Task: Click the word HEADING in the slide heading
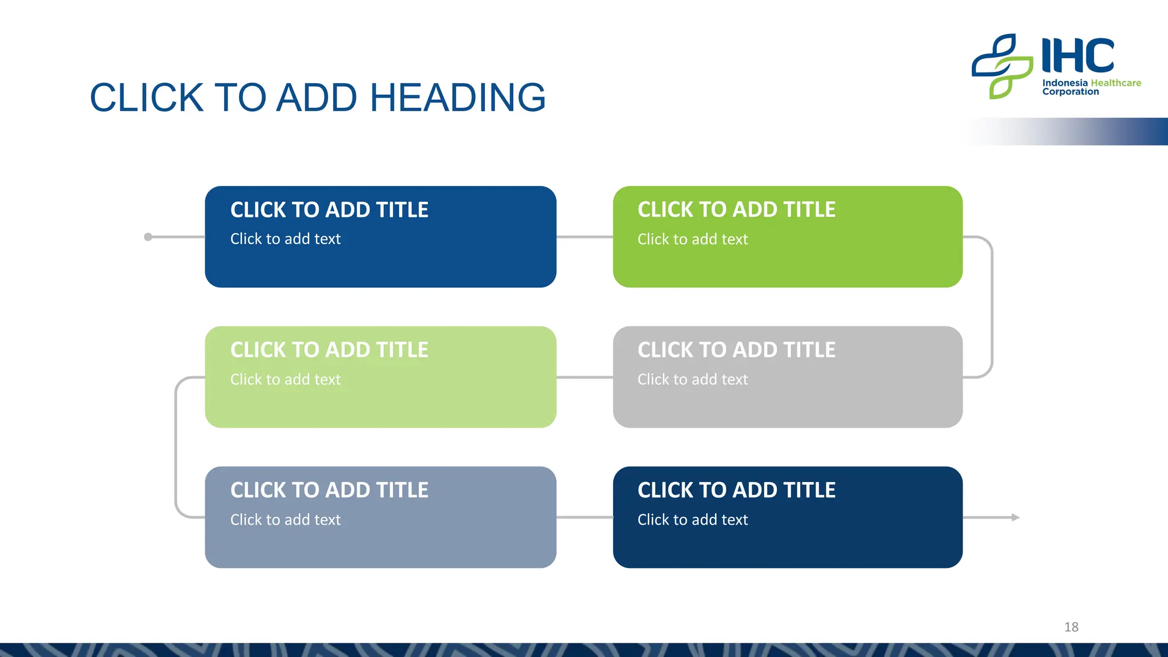(458, 98)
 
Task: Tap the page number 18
(1071, 627)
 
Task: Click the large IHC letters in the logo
(1077, 56)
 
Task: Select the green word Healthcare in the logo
(1116, 83)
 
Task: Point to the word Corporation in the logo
(1070, 92)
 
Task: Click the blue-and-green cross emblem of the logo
(1002, 66)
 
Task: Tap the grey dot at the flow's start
(148, 237)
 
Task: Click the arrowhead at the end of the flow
(1015, 517)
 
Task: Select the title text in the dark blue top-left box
(329, 210)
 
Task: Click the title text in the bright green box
(736, 210)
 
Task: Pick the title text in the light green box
(329, 350)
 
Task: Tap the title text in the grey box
(736, 350)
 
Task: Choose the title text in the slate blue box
(329, 490)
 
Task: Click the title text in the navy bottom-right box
(736, 490)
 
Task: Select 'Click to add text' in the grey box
(692, 379)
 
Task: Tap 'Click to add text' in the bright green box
(692, 239)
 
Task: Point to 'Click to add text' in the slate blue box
(285, 520)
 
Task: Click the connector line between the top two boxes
(585, 237)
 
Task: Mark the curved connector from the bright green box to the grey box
(992, 307)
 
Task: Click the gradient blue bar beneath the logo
(1084, 131)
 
